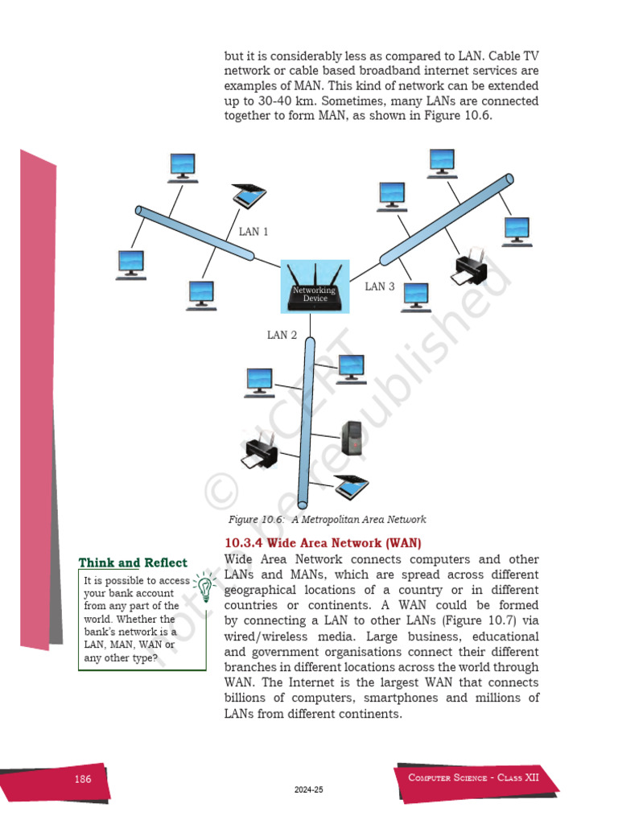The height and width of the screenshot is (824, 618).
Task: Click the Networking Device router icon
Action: pos(314,289)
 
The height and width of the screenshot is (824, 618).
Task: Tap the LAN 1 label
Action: pos(253,232)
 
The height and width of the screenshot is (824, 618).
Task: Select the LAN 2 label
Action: pos(282,335)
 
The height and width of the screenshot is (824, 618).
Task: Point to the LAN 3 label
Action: pos(380,286)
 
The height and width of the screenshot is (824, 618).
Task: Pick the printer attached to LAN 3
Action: pos(468,269)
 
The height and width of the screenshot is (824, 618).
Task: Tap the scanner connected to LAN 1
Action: pos(249,194)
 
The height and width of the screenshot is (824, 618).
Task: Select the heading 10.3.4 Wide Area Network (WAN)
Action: pos(323,543)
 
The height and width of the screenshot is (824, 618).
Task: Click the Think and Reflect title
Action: pos(133,563)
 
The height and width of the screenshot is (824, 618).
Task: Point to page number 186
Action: pos(82,779)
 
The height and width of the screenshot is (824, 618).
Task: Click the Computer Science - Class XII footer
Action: pos(473,777)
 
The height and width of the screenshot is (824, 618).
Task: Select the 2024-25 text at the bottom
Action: pos(309,790)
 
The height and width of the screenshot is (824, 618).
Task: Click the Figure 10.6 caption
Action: pos(327,520)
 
